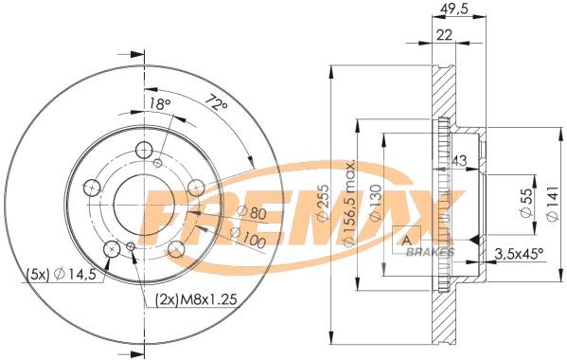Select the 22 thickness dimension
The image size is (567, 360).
point(443,35)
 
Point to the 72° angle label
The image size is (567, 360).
point(217,99)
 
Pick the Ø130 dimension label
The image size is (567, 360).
point(375,207)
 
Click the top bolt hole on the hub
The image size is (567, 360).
point(144,151)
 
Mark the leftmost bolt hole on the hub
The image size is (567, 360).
point(91,188)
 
